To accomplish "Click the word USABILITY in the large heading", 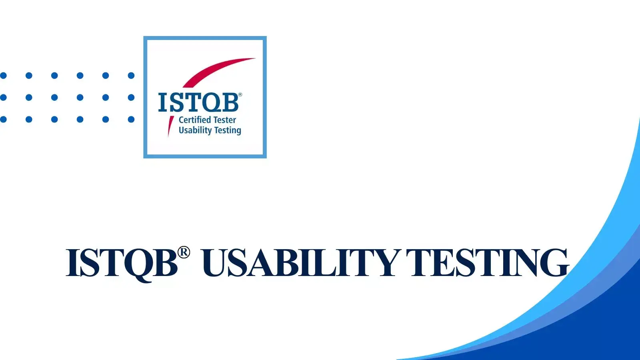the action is click(300, 262).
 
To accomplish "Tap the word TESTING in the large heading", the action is click(487, 262).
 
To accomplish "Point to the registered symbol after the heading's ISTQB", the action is click(184, 252).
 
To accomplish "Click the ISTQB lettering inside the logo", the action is click(198, 102).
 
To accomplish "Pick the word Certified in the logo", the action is click(195, 120).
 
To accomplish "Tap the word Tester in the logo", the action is click(225, 120).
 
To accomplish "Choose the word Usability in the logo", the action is click(195, 130).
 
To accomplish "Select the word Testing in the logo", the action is click(228, 130).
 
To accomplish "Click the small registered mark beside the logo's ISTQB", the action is click(240, 94).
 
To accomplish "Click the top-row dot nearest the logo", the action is click(131, 76).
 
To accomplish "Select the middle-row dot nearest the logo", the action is click(131, 98).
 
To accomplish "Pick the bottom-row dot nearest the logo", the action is click(131, 119).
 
